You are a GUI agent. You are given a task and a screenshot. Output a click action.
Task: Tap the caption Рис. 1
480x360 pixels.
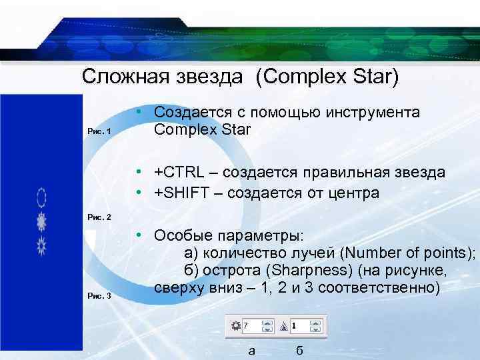pyautogui.click(x=100, y=132)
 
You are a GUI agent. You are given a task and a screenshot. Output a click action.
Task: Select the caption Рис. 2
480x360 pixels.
pyautogui.click(x=100, y=217)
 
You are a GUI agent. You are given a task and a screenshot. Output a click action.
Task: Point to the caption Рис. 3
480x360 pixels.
pyautogui.click(x=100, y=296)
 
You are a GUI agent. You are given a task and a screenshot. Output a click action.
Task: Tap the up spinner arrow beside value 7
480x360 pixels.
pyautogui.click(x=267, y=323)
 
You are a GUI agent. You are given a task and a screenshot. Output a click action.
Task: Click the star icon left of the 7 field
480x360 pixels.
pyautogui.click(x=235, y=325)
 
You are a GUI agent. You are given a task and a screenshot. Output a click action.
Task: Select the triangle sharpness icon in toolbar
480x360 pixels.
pyautogui.click(x=284, y=325)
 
